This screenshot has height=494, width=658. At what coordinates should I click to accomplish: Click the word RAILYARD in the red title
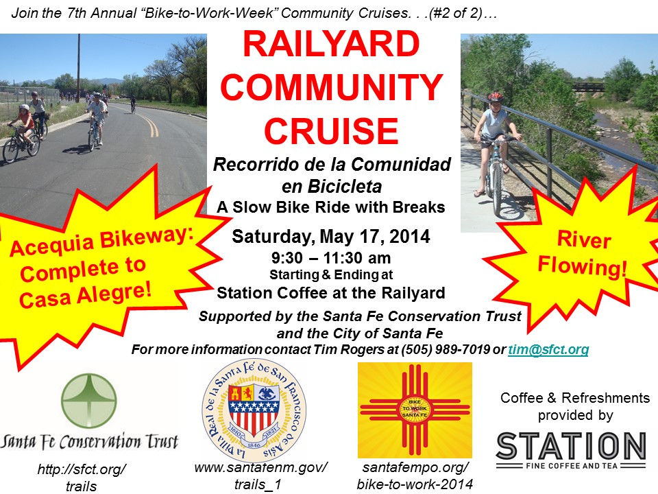coord(331,44)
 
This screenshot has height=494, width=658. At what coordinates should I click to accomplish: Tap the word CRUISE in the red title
coord(331,131)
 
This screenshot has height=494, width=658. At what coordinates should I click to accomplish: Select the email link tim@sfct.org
coord(548,349)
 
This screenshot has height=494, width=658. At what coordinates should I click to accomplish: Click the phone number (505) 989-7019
coord(446,349)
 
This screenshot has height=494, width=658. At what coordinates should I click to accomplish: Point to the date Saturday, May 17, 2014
coord(331,237)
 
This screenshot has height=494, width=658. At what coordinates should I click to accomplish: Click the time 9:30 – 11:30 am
coord(331,257)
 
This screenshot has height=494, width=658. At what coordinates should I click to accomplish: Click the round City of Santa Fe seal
coord(254,410)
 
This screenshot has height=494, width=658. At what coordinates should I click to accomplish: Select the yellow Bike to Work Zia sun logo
coord(415,410)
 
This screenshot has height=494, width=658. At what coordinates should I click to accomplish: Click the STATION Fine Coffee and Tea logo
coord(571,450)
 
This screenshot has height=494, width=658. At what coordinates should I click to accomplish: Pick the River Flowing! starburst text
coord(583,253)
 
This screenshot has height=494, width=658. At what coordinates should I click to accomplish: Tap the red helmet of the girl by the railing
coord(496,97)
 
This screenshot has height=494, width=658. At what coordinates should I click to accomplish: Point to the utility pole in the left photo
coord(78,68)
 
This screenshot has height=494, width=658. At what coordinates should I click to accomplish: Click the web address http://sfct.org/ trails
coord(82,478)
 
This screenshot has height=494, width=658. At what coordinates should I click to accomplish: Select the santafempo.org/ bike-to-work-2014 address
coord(415,476)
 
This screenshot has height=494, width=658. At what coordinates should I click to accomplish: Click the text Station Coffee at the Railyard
coord(331,293)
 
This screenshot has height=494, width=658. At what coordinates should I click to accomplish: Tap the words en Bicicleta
coord(332,187)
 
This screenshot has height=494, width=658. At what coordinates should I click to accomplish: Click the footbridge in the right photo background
coord(588,87)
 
